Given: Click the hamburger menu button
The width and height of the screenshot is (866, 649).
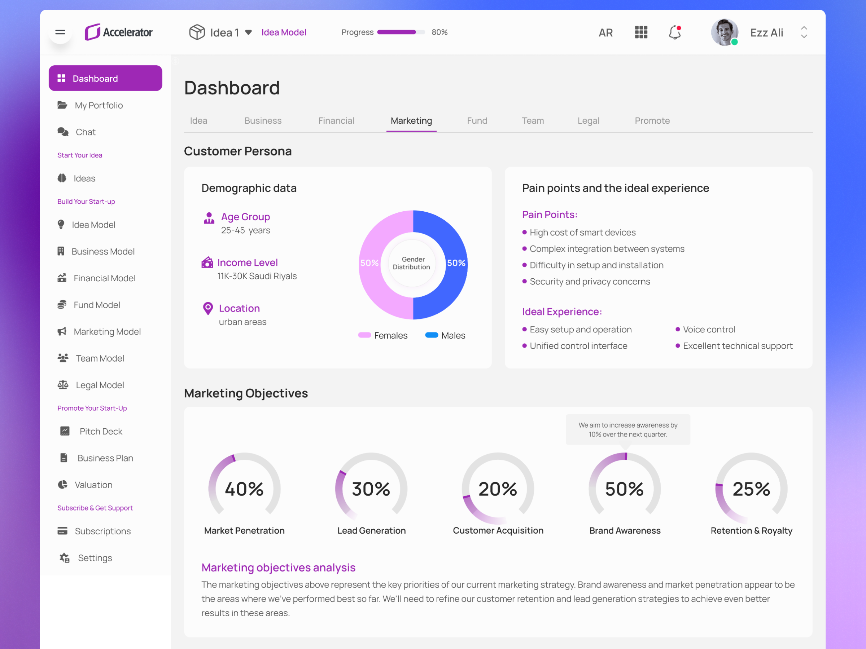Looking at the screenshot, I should pyautogui.click(x=60, y=32).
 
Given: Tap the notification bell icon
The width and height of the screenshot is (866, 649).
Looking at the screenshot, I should pyautogui.click(x=674, y=32).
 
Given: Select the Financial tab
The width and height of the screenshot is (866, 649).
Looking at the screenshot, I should pyautogui.click(x=336, y=120).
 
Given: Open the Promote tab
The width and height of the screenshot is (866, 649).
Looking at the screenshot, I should pyautogui.click(x=652, y=120).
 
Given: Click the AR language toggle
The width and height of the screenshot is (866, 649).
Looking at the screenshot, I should pyautogui.click(x=605, y=33).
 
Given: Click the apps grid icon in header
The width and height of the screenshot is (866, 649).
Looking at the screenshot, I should pyautogui.click(x=641, y=32).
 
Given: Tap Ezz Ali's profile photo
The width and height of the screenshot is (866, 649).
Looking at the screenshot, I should pyautogui.click(x=724, y=32).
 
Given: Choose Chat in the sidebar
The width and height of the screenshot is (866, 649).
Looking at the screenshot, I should pyautogui.click(x=86, y=132).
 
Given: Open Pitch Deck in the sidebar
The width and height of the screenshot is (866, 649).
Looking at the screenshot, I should pyautogui.click(x=101, y=432).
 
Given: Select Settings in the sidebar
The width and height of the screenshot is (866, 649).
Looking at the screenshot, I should pyautogui.click(x=95, y=558).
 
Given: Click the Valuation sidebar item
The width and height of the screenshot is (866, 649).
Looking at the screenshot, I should pyautogui.click(x=93, y=485).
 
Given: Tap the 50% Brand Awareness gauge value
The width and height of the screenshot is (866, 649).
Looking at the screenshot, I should pyautogui.click(x=625, y=489).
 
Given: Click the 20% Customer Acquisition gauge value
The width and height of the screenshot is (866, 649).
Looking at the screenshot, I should pyautogui.click(x=498, y=489).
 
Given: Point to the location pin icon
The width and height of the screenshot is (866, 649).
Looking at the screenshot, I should pyautogui.click(x=208, y=309).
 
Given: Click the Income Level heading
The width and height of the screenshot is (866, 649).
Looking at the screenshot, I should pyautogui.click(x=248, y=262).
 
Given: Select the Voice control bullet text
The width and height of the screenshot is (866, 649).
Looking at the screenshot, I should pyautogui.click(x=709, y=330).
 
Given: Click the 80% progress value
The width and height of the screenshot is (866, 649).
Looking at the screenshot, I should pyautogui.click(x=439, y=32).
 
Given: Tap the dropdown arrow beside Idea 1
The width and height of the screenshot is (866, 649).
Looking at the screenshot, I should pyautogui.click(x=248, y=32).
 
